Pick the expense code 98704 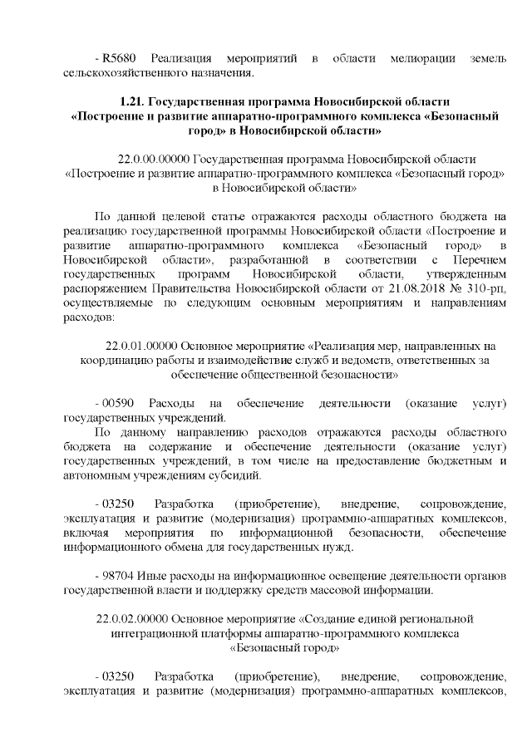tap(116, 575)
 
